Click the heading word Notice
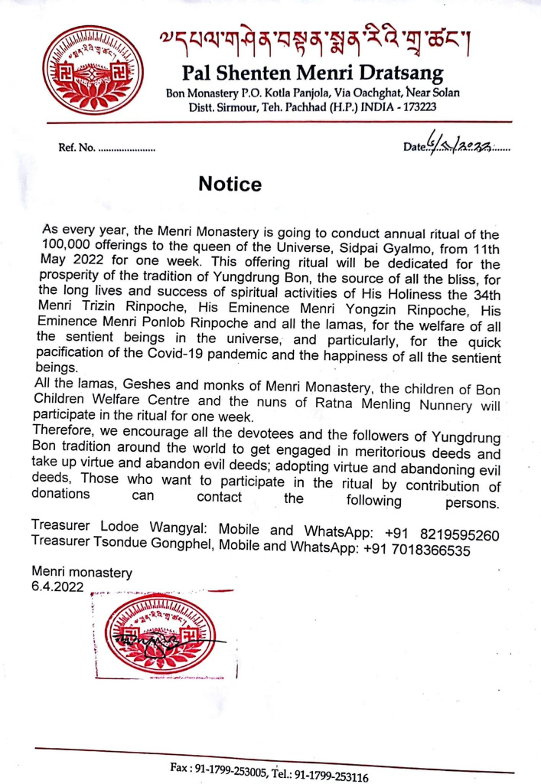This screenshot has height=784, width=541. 230,185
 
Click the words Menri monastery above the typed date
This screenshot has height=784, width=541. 81,573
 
